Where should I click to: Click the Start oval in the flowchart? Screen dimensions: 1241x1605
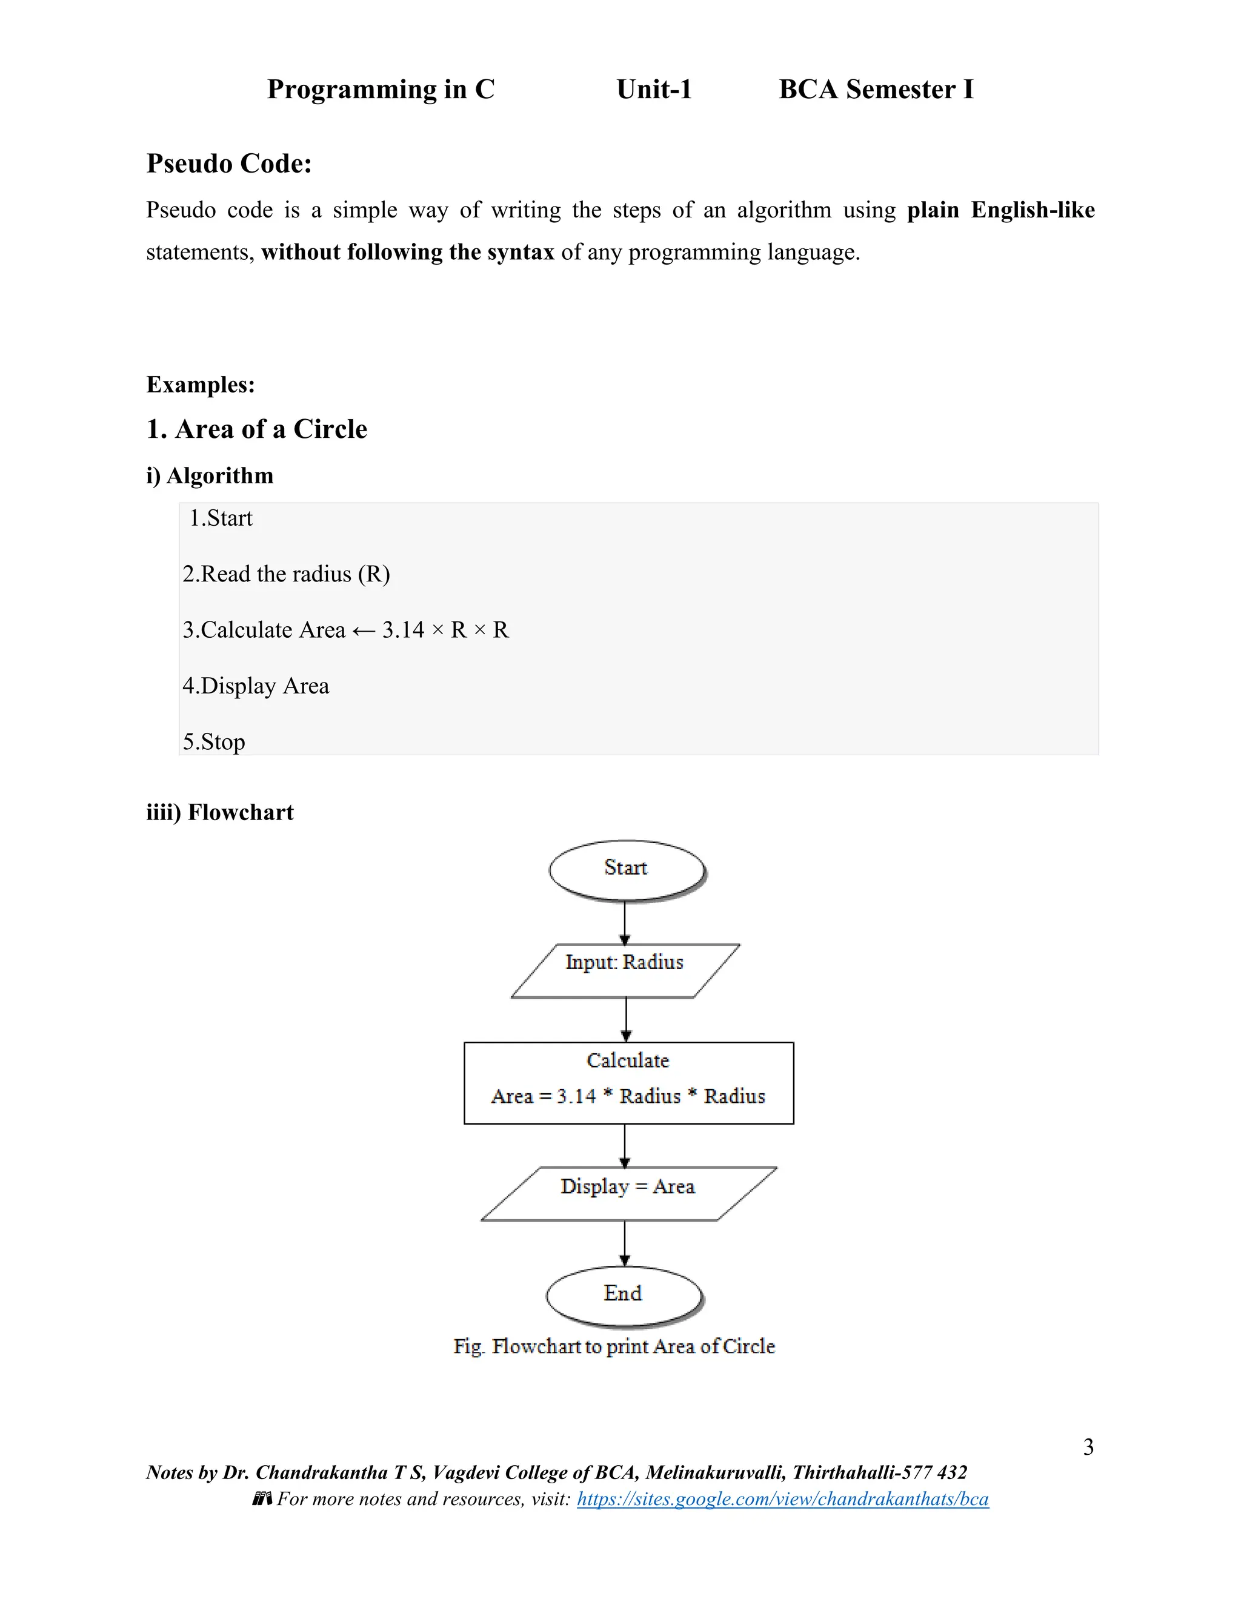pos(627,869)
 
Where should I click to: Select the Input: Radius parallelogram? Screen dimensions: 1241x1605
pos(625,970)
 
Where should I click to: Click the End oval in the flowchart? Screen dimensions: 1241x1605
pos(624,1295)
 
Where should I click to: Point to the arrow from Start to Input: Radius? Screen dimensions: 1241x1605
pos(625,923)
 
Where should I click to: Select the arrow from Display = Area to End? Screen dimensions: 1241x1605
pos(625,1243)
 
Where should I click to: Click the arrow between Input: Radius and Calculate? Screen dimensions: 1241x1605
pos(625,1020)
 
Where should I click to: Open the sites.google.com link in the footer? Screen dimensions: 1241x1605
pos(782,1499)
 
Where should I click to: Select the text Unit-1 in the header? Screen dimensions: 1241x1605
pos(654,90)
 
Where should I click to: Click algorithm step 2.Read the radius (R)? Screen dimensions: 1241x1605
pos(286,574)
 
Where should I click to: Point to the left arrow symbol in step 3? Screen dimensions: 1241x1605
pos(364,630)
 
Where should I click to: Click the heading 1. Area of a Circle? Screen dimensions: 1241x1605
pos(256,429)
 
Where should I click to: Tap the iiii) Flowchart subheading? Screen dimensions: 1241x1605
pos(220,812)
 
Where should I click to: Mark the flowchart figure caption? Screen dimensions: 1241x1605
pos(614,1346)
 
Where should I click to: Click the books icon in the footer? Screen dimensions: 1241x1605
pos(262,1498)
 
